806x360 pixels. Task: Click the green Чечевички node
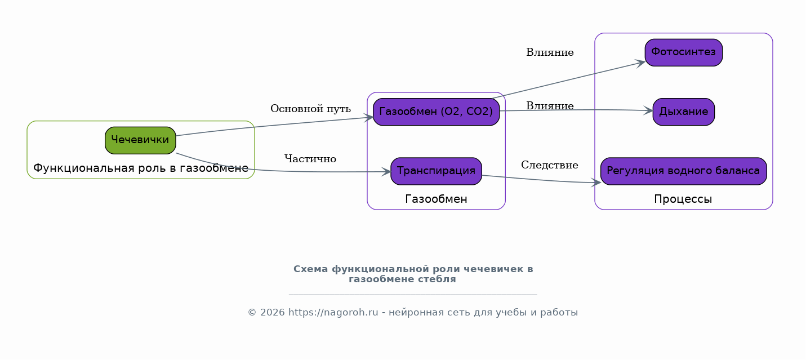point(140,140)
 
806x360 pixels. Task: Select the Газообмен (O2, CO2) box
point(436,112)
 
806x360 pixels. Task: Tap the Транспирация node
point(436,171)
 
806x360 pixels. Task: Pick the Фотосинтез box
point(684,52)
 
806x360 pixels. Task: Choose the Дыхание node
point(684,112)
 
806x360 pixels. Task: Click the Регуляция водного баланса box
point(684,171)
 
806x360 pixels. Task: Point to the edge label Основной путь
point(310,109)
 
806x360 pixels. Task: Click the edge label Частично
point(310,159)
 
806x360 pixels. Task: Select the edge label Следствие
point(550,165)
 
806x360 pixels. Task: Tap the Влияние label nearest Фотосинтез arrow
point(550,52)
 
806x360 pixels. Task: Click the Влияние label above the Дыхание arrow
point(550,106)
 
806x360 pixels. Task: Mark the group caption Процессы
point(683,199)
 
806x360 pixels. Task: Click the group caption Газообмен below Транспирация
point(436,199)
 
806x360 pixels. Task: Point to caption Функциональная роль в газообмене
point(141,168)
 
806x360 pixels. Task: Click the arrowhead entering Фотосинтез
point(640,63)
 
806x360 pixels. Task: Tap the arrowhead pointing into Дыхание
point(648,111)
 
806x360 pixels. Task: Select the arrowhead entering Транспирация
point(386,172)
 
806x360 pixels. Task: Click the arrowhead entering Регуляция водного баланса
point(596,183)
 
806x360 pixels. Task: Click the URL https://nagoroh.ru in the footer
point(333,313)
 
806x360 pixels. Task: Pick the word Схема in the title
point(311,269)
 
